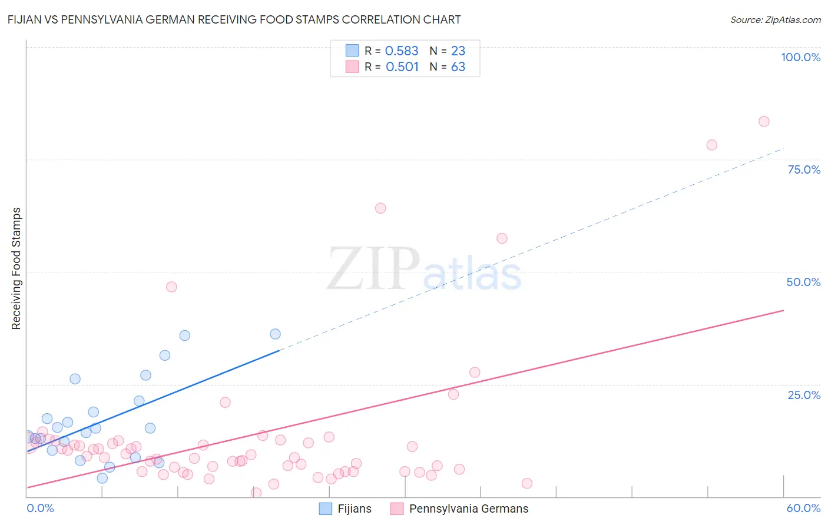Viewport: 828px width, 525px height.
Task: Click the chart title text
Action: pos(234,19)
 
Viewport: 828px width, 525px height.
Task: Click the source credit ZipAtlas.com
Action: pos(775,19)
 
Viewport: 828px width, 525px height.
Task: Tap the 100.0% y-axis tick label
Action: pos(800,57)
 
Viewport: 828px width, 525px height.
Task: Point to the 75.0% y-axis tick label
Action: pos(804,170)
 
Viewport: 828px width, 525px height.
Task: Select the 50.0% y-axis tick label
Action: pos(803,282)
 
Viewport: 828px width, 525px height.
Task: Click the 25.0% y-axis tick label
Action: pos(804,394)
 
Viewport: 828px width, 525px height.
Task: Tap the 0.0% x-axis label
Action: pos(40,508)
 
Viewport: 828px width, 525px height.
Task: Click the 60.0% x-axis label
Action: pos(803,508)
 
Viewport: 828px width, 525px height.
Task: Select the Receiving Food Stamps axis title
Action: pos(16,268)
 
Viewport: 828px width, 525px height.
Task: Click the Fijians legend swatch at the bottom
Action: pos(326,509)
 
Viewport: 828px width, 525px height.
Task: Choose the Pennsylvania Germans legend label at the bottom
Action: pos(469,509)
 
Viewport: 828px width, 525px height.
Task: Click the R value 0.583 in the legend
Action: pos(402,51)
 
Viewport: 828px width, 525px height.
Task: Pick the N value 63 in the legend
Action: pos(458,67)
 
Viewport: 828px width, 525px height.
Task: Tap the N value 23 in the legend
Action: pos(458,51)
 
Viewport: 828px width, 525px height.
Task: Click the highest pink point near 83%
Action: pos(764,121)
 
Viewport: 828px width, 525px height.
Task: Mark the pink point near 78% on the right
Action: pos(711,145)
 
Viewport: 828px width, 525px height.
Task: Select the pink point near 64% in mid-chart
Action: pos(380,208)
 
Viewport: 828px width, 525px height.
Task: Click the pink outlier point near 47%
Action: pos(171,287)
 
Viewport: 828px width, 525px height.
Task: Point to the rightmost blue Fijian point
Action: pos(275,334)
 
